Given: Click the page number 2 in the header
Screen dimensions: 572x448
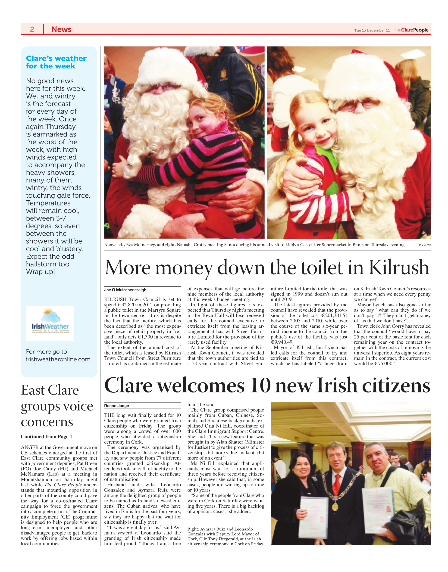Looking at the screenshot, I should pyautogui.click(x=32, y=29).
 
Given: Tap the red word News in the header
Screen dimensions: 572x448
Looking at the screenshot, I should pyautogui.click(x=61, y=29).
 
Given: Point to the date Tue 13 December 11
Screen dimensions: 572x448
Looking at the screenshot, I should pyautogui.click(x=372, y=30).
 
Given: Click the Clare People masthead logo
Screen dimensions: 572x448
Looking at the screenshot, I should pyautogui.click(x=411, y=30).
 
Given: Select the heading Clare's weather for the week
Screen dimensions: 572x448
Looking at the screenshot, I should pyautogui.click(x=56, y=62).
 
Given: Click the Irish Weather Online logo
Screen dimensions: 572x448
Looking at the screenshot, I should pyautogui.click(x=50, y=323).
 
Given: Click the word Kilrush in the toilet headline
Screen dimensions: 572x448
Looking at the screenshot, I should pyautogui.click(x=399, y=268).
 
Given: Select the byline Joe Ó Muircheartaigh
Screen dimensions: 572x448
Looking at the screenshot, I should pyautogui.click(x=125, y=290).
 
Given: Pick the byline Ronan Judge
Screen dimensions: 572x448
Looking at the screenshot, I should pyautogui.click(x=116, y=406).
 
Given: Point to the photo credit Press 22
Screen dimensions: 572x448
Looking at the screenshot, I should pyautogui.click(x=424, y=245).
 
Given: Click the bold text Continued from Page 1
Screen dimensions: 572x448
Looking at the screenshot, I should pyautogui.click(x=47, y=436).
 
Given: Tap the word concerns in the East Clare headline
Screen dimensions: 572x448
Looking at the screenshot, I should pyautogui.click(x=47, y=422).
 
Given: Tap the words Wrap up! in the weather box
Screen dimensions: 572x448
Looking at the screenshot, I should pyautogui.click(x=40, y=272).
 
